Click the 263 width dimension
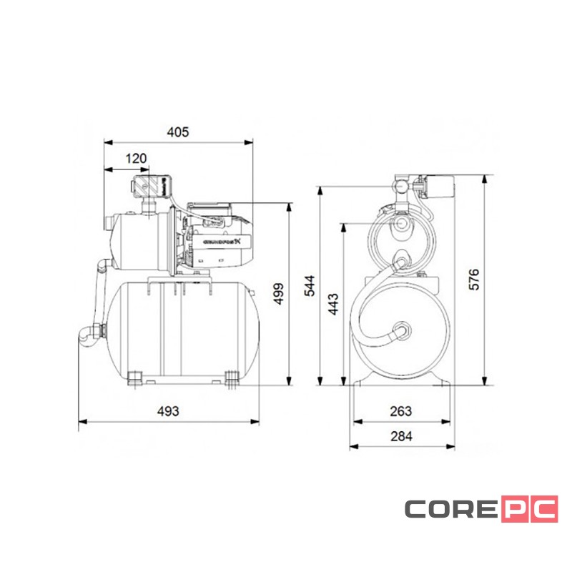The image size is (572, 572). tap(401, 411)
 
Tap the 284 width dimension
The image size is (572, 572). tap(401, 435)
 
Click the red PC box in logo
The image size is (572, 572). tap(528, 509)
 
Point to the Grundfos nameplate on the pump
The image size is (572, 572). tap(223, 242)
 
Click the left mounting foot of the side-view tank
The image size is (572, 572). tap(136, 377)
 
